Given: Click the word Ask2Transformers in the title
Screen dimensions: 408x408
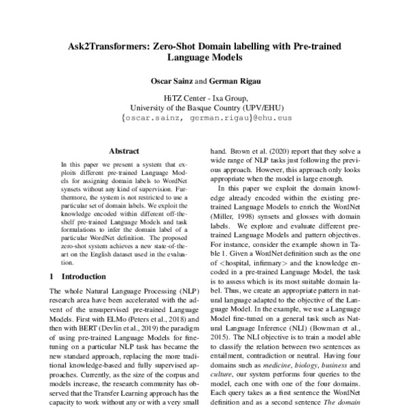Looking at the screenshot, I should coord(108,48).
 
